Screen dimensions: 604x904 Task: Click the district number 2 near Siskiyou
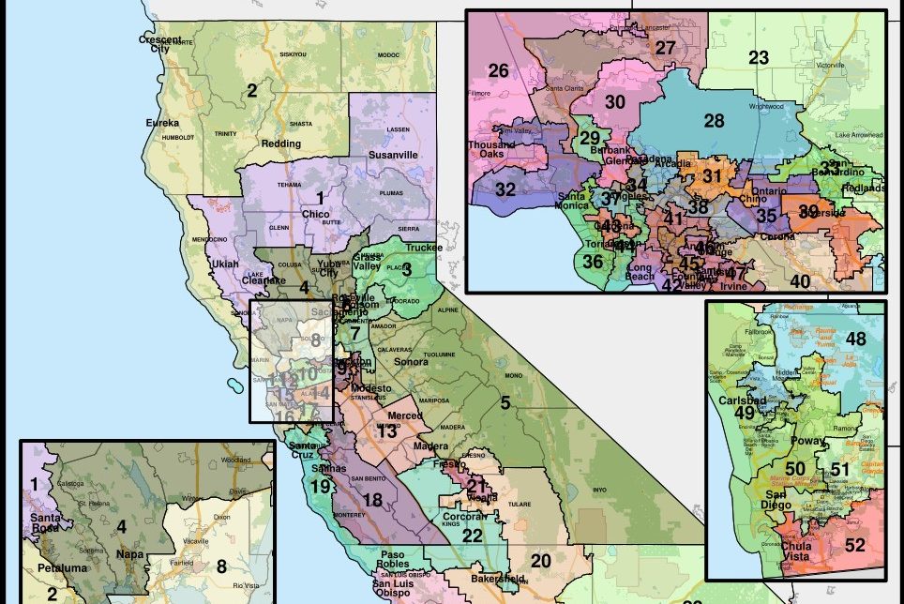pyautogui.click(x=251, y=91)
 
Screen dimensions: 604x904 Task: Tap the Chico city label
pyautogui.click(x=315, y=214)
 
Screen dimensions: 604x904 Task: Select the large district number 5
pyautogui.click(x=505, y=403)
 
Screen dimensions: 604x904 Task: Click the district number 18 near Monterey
pyautogui.click(x=372, y=501)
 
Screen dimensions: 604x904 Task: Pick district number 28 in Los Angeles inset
pyautogui.click(x=714, y=120)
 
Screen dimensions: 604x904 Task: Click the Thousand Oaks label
pyautogui.click(x=493, y=150)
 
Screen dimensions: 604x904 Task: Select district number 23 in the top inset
pyautogui.click(x=759, y=58)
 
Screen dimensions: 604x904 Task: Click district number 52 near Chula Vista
pyautogui.click(x=854, y=545)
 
